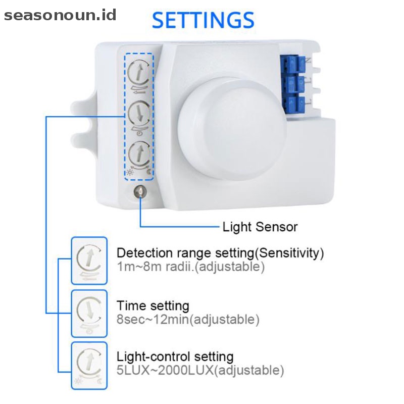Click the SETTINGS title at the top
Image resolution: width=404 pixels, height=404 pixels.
point(203,20)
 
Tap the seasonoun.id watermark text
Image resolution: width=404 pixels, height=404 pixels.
point(60,15)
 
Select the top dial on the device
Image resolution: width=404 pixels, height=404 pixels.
point(138,73)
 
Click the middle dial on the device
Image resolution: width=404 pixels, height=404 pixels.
point(138,114)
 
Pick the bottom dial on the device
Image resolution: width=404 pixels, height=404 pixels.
point(138,154)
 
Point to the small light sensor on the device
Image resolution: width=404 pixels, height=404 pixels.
point(139,192)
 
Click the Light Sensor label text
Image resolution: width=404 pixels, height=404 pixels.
point(260,226)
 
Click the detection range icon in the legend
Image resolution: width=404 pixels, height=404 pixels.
point(89,263)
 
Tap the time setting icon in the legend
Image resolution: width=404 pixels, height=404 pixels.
point(89,314)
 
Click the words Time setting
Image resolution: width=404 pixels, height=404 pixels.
point(153,306)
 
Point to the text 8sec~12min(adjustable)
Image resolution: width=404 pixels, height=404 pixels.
point(188,319)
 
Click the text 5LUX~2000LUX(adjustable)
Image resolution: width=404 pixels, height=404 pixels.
point(200,370)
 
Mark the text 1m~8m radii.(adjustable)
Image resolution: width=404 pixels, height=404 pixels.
point(190,267)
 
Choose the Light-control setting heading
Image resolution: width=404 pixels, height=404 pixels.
point(175,357)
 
